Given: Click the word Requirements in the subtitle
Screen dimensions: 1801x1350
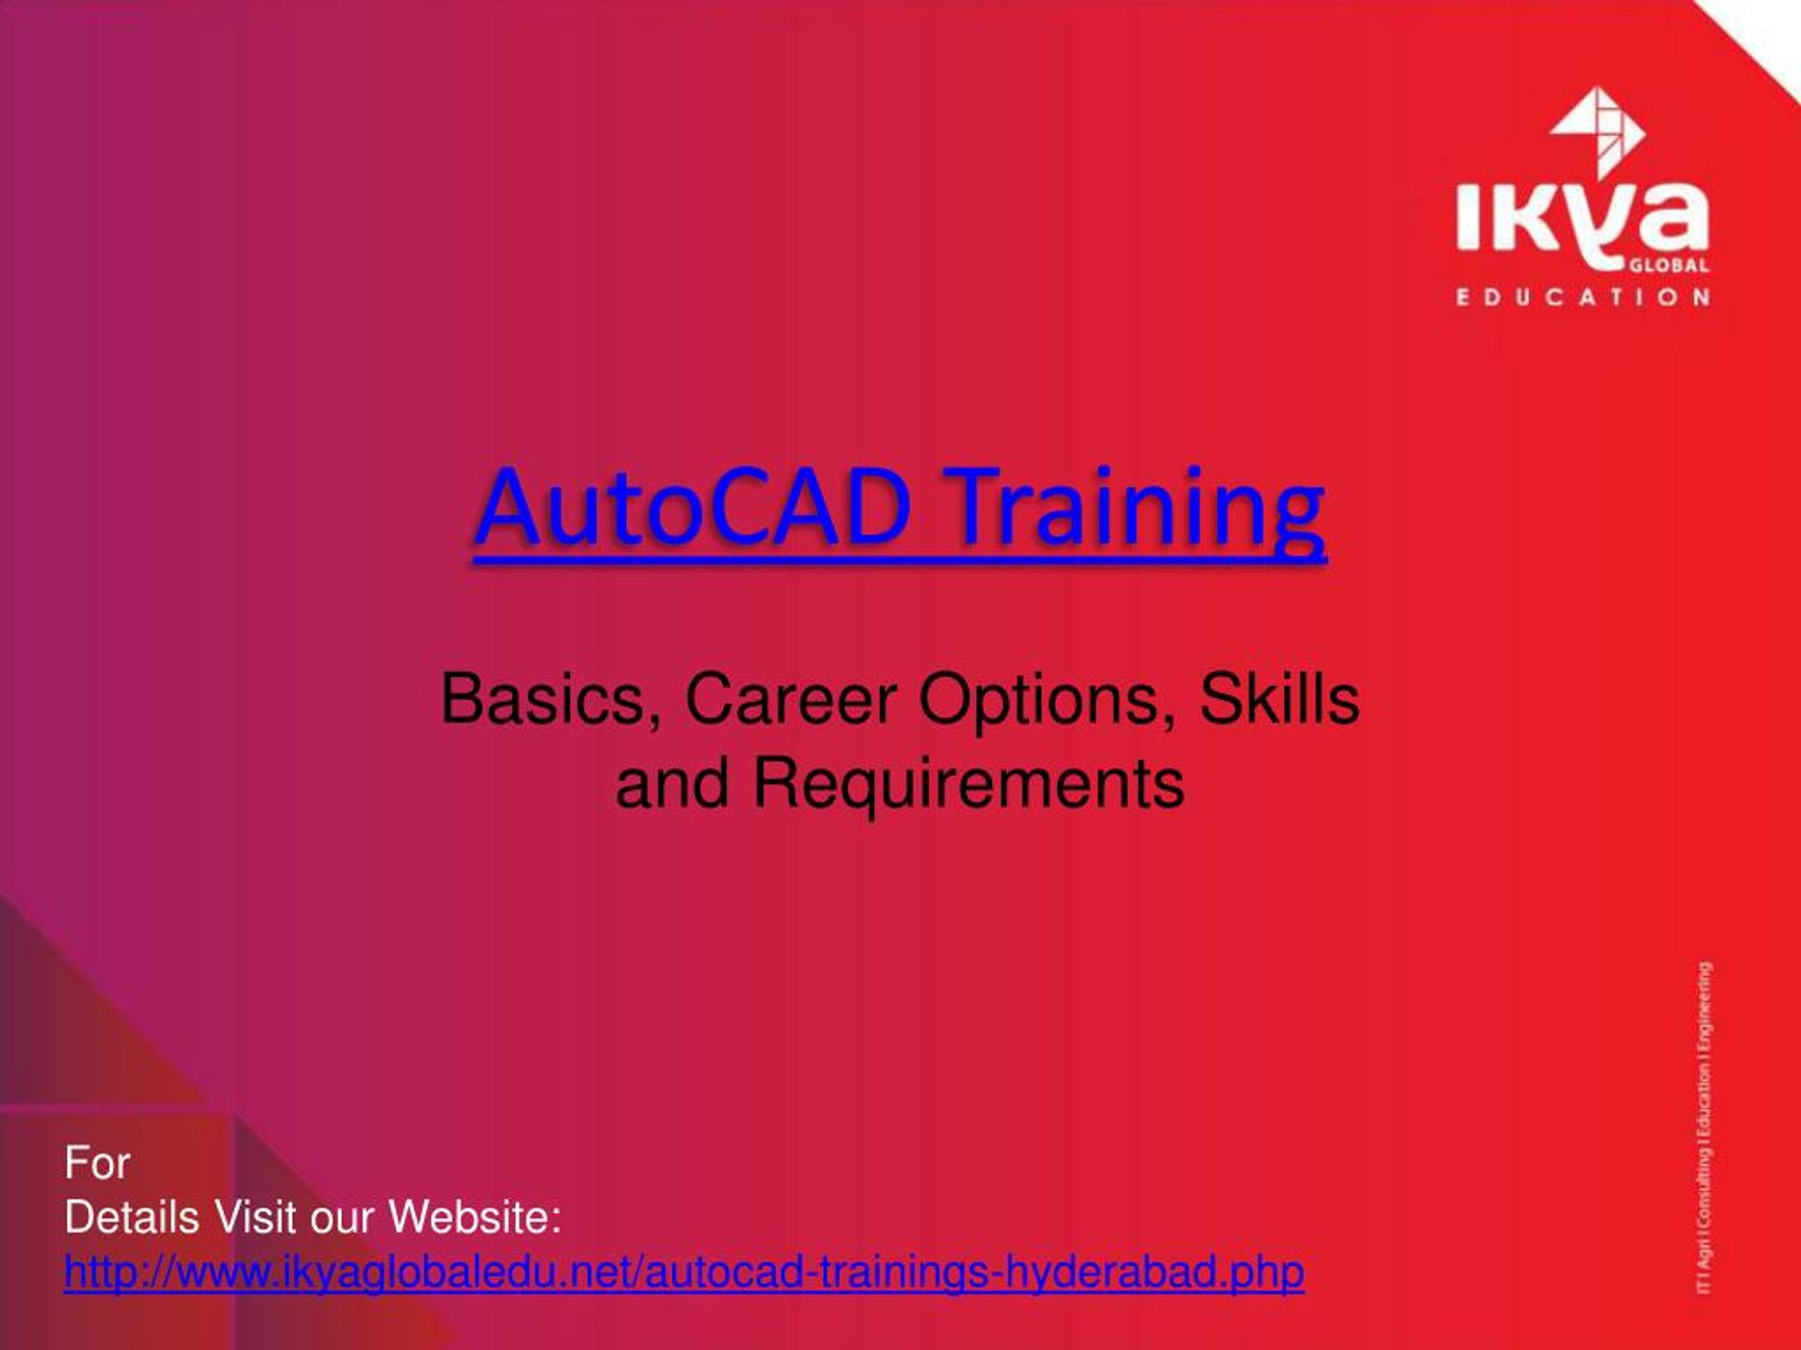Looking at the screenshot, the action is click(x=968, y=785).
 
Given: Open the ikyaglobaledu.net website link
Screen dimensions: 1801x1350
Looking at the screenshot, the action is click(x=684, y=1273).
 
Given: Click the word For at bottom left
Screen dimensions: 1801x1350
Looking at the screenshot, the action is click(x=97, y=1163).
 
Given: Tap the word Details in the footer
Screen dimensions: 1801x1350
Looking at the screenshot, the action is click(x=132, y=1219).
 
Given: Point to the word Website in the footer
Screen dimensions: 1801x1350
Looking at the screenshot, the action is click(x=475, y=1219).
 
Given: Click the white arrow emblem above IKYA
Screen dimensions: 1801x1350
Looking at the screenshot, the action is click(x=1597, y=130).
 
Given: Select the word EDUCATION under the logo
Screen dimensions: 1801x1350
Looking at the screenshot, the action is click(x=1583, y=297).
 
